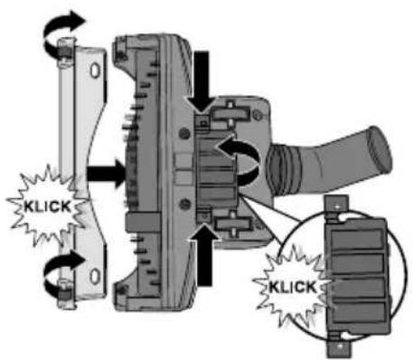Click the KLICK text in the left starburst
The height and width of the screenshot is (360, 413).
pyautogui.click(x=47, y=207)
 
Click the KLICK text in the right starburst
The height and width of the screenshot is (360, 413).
pyautogui.click(x=293, y=287)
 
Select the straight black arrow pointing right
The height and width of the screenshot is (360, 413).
pyautogui.click(x=106, y=174)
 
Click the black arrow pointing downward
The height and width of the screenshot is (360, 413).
pyautogui.click(x=202, y=81)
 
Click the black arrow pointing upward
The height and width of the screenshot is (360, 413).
pyautogui.click(x=205, y=256)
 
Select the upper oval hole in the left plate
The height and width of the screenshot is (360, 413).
pyautogui.click(x=95, y=71)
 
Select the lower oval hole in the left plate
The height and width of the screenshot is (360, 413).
pyautogui.click(x=95, y=277)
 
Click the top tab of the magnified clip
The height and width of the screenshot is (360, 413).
pyautogui.click(x=337, y=207)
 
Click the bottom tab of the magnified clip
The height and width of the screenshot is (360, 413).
pyautogui.click(x=339, y=346)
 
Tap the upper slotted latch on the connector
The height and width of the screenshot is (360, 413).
pyautogui.click(x=230, y=114)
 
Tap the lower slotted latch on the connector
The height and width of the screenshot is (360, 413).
pyautogui.click(x=232, y=224)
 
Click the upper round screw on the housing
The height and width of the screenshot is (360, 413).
pyautogui.click(x=183, y=133)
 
